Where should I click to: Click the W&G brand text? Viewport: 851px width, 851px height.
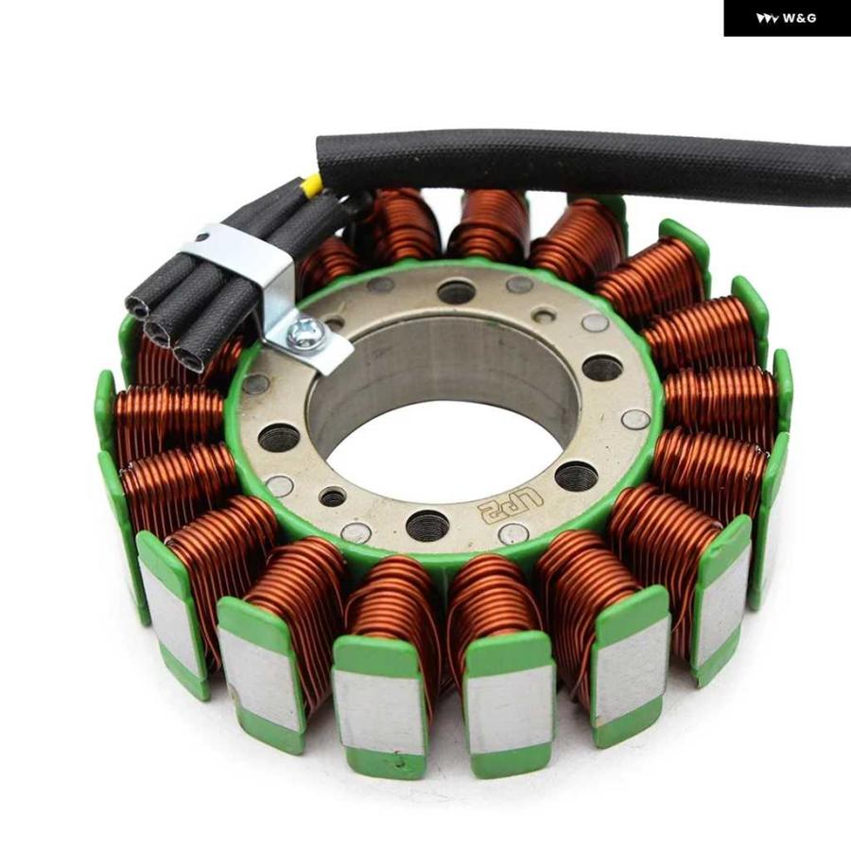pos(800,19)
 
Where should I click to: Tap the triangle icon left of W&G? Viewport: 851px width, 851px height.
pos(768,19)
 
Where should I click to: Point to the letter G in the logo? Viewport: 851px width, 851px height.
pos(811,19)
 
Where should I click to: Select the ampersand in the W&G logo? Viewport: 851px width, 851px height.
pos(801,19)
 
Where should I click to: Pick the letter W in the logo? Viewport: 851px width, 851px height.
pos(790,19)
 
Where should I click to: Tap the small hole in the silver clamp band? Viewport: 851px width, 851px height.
pos(202,237)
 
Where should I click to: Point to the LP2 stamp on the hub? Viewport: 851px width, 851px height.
pos(510,504)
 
